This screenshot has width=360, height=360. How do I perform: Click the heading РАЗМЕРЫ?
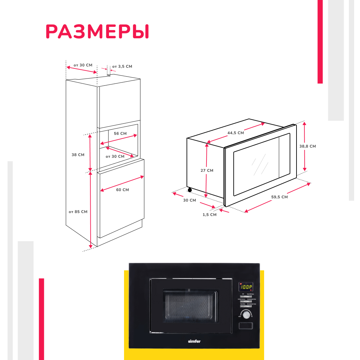point(97,32)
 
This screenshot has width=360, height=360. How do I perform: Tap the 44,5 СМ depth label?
point(236,133)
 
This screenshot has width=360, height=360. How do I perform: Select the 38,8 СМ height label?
point(308,146)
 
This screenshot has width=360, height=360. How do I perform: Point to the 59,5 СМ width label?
point(279,197)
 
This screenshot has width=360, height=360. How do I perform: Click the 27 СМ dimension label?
point(207,171)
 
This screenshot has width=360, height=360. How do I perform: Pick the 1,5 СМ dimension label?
point(209,215)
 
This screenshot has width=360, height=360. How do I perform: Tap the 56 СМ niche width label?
point(120,134)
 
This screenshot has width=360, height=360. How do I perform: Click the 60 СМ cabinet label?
point(122,190)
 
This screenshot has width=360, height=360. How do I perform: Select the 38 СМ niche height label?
point(78,155)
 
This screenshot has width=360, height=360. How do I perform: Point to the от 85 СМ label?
point(78,212)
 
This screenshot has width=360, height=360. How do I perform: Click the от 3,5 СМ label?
point(122,66)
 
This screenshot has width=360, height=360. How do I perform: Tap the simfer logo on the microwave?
point(194,341)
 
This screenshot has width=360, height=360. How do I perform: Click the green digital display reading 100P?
point(245,287)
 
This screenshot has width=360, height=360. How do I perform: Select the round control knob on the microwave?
point(246,315)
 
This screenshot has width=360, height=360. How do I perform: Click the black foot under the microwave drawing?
point(189,190)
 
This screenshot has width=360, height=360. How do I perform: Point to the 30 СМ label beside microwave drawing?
point(189,200)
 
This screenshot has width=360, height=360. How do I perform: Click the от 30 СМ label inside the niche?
point(115,156)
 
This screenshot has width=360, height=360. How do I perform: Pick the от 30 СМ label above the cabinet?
point(83,65)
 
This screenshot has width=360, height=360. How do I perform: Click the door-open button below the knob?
point(245,326)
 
